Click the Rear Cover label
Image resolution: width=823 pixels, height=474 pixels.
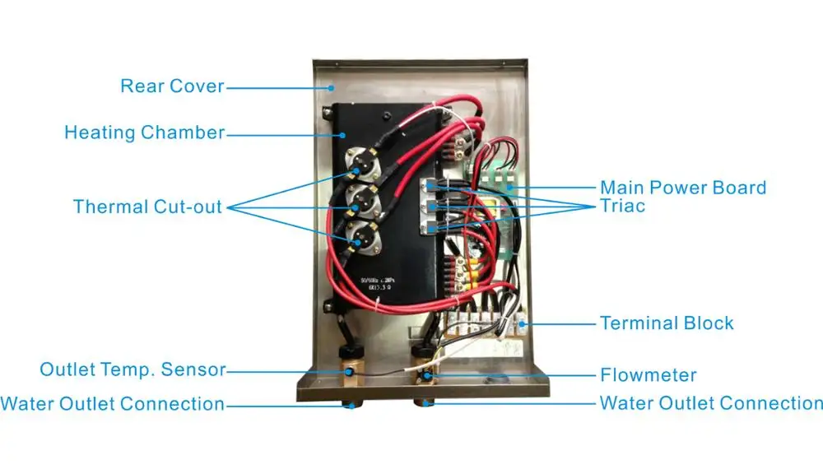click(171, 86)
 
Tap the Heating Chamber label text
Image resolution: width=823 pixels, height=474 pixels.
click(144, 132)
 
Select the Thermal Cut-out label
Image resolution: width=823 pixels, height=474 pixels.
click(147, 206)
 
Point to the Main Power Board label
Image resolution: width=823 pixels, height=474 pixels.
click(683, 188)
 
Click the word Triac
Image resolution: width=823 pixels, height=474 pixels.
click(623, 206)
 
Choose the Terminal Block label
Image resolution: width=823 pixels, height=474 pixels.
click(667, 323)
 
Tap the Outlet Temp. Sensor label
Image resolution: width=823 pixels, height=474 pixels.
click(133, 369)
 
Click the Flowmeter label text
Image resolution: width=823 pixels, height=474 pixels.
click(649, 375)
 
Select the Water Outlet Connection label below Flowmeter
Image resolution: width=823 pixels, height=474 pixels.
click(711, 403)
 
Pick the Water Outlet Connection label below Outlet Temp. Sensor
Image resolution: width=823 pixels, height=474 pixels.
click(113, 404)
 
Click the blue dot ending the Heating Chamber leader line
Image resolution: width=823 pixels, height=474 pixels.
click(344, 133)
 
